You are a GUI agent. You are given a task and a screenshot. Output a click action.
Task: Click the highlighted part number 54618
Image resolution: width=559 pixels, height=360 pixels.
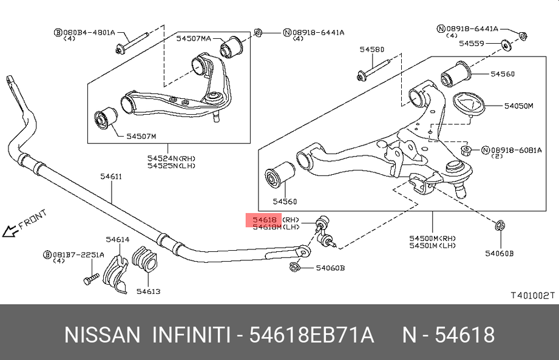click(x=265, y=219)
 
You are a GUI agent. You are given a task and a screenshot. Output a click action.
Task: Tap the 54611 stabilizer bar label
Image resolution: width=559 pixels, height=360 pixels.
click(x=111, y=177)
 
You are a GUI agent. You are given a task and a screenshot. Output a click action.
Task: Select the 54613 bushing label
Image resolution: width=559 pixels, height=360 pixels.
click(x=148, y=291)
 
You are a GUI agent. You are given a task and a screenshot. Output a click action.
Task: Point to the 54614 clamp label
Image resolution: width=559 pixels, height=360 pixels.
click(x=117, y=239)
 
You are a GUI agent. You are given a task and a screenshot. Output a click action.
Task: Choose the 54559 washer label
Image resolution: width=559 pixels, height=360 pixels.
click(x=471, y=43)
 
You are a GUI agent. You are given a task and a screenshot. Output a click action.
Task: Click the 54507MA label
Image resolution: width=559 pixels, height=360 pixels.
click(x=194, y=38)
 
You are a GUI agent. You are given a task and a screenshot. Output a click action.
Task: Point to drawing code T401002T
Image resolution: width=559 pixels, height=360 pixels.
click(x=532, y=295)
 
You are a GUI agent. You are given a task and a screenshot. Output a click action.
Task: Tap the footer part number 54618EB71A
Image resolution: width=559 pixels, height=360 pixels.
click(x=311, y=335)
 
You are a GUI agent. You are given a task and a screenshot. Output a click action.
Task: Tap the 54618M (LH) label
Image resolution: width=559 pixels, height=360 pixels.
click(x=268, y=227)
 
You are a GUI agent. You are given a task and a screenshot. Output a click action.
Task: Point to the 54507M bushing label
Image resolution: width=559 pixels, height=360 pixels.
click(x=141, y=135)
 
